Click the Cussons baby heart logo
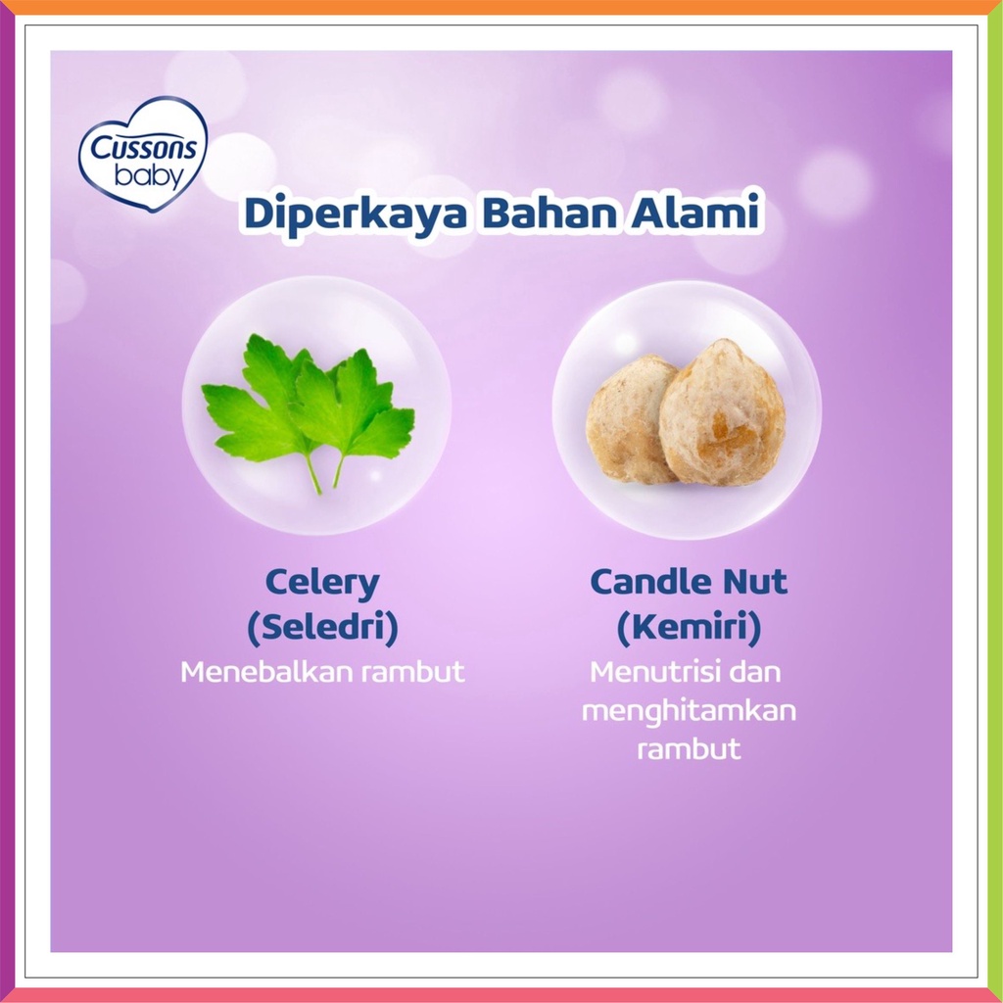pyautogui.click(x=143, y=154)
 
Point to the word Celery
pyautogui.click(x=322, y=584)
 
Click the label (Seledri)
pyautogui.click(x=322, y=627)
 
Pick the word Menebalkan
pyautogui.click(x=267, y=672)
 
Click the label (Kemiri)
pyautogui.click(x=689, y=627)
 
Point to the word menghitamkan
pyautogui.click(x=689, y=712)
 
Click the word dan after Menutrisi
pyautogui.click(x=755, y=672)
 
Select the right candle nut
pyautogui.click(x=723, y=412)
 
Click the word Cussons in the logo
pyautogui.click(x=144, y=148)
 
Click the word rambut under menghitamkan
pyautogui.click(x=689, y=749)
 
